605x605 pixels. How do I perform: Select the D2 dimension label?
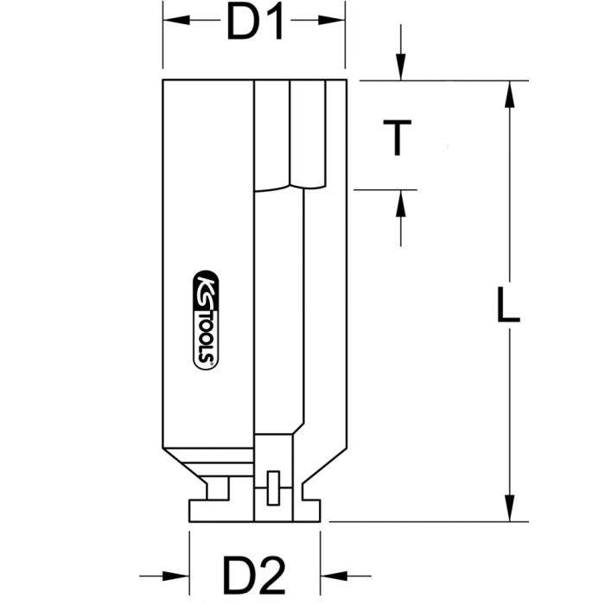coord(256,573)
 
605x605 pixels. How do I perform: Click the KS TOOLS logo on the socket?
coord(204,319)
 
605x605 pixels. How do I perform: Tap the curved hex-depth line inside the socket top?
coord(290,186)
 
